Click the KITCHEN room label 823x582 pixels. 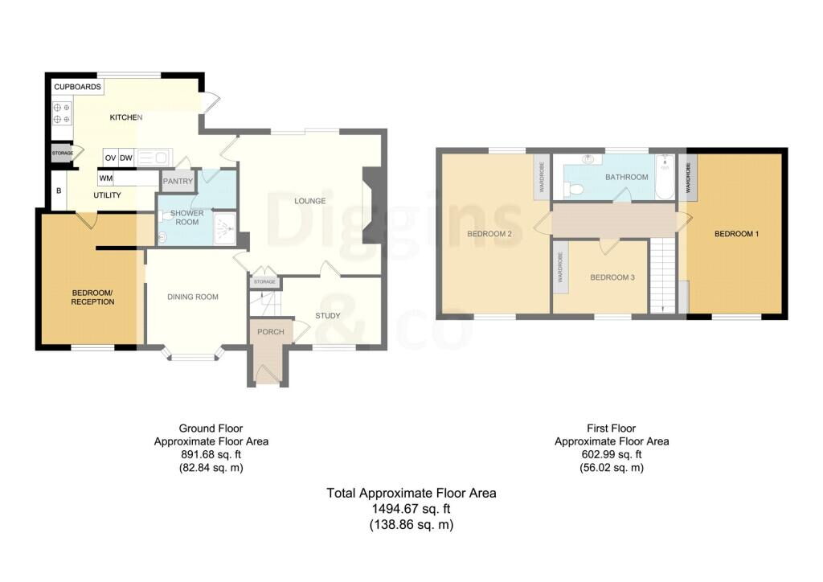pyautogui.click(x=126, y=118)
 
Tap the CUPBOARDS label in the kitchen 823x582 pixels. pyautogui.click(x=78, y=86)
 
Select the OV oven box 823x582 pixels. pyautogui.click(x=110, y=158)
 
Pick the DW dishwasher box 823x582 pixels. pyautogui.click(x=126, y=158)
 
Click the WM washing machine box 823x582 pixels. pyautogui.click(x=106, y=178)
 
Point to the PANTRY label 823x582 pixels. pyautogui.click(x=178, y=182)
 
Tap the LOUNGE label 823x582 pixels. pyautogui.click(x=310, y=201)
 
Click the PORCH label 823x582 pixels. pyautogui.click(x=270, y=332)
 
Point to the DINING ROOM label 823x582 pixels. pyautogui.click(x=193, y=297)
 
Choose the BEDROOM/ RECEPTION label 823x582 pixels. pyautogui.click(x=93, y=297)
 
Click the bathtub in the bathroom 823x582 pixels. pyautogui.click(x=663, y=178)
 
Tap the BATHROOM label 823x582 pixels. pyautogui.click(x=627, y=177)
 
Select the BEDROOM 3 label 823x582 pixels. pyautogui.click(x=612, y=277)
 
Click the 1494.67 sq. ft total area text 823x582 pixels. pyautogui.click(x=411, y=509)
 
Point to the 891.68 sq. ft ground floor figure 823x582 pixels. pyautogui.click(x=211, y=454)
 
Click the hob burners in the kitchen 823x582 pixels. pyautogui.click(x=62, y=113)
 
